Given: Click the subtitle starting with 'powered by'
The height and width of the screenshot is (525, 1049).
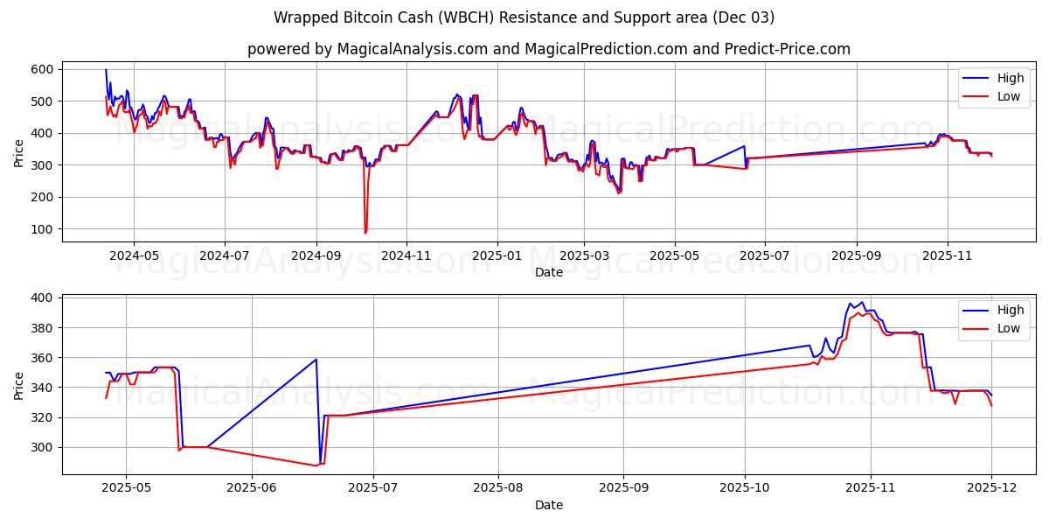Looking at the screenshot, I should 548,49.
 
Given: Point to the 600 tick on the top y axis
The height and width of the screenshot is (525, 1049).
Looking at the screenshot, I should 42,69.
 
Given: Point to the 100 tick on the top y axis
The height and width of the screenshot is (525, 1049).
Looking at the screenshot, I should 42,229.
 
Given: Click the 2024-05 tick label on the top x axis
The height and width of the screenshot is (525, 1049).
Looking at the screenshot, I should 133,256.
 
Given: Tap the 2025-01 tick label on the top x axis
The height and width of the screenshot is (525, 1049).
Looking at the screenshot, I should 497,256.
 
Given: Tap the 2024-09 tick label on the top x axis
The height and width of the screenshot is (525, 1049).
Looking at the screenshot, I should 316,256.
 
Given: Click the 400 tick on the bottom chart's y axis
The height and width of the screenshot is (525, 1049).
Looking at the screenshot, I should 42,298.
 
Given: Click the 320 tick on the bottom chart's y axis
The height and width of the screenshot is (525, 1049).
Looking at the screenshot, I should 42,417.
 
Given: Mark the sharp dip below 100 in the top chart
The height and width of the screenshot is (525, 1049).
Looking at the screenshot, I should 365,233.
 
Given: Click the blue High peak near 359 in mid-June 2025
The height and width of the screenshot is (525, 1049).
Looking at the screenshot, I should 316,359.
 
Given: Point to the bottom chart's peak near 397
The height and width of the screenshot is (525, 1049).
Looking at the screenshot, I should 862,302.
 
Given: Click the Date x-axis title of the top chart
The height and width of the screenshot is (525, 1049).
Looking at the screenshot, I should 548,272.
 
